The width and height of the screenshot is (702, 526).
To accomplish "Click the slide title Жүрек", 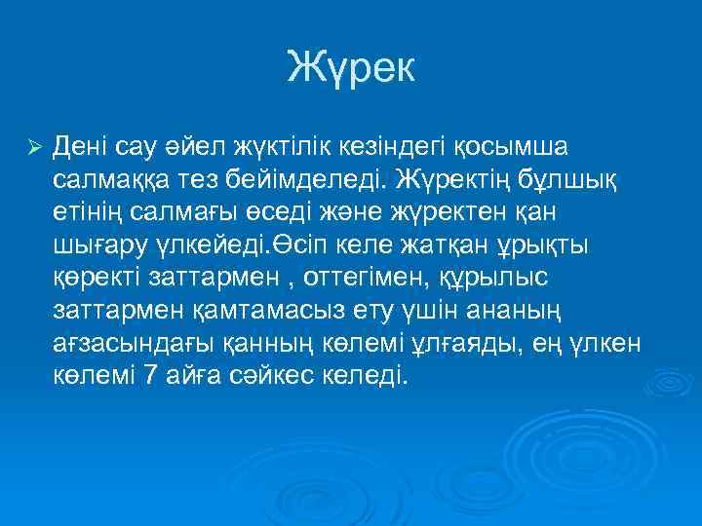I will pyautogui.click(x=351, y=67).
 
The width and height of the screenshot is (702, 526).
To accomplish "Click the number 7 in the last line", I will pyautogui.click(x=150, y=376).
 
